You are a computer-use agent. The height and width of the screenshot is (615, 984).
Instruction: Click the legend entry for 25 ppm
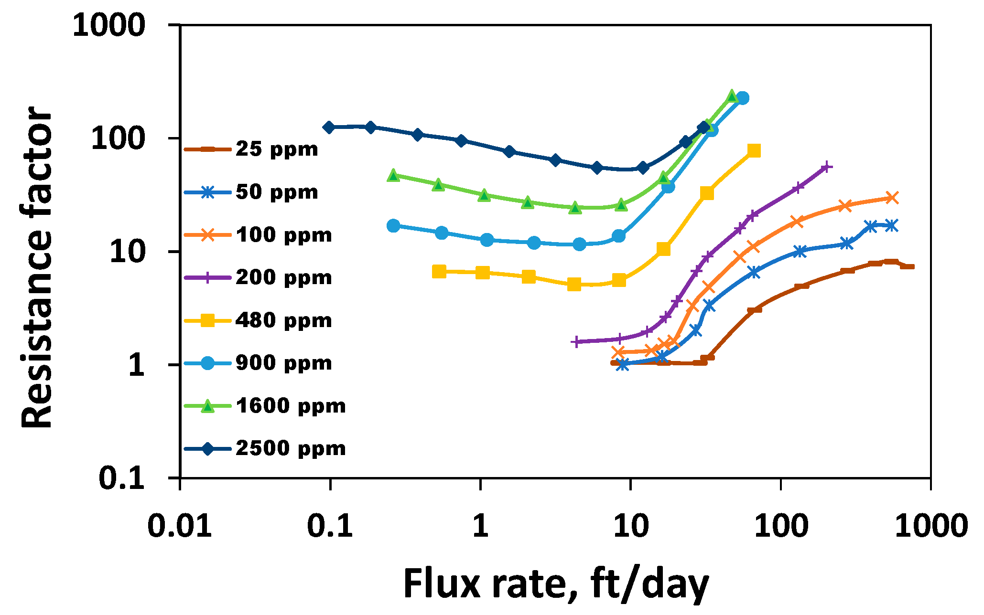[x=276, y=149]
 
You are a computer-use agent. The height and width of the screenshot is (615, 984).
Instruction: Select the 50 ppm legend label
[x=276, y=192]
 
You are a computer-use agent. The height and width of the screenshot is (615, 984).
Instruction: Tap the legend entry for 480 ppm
[x=283, y=320]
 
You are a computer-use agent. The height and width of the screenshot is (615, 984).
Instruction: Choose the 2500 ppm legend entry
[x=290, y=448]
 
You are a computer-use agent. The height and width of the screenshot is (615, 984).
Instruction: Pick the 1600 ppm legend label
[x=290, y=406]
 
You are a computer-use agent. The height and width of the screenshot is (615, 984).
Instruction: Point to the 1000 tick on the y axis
[x=108, y=25]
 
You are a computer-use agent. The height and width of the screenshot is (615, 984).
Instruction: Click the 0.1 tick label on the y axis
[x=121, y=478]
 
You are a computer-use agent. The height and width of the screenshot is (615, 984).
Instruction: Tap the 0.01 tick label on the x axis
[x=180, y=526]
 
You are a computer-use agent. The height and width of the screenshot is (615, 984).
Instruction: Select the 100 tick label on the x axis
[x=780, y=526]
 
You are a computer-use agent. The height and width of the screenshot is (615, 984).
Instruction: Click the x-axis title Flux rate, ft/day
[x=556, y=583]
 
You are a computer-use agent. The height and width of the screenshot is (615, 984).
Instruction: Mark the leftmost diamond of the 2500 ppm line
[x=329, y=127]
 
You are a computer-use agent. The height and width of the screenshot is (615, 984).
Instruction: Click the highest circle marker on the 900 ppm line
[x=742, y=98]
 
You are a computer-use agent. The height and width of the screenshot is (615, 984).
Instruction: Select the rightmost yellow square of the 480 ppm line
[x=754, y=151]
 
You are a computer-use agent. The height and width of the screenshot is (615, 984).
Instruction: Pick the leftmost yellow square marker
[x=439, y=272]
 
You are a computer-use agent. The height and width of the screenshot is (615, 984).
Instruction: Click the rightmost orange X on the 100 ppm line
[x=892, y=198]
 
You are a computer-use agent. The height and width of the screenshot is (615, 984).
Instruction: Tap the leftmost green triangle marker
[x=393, y=175]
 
